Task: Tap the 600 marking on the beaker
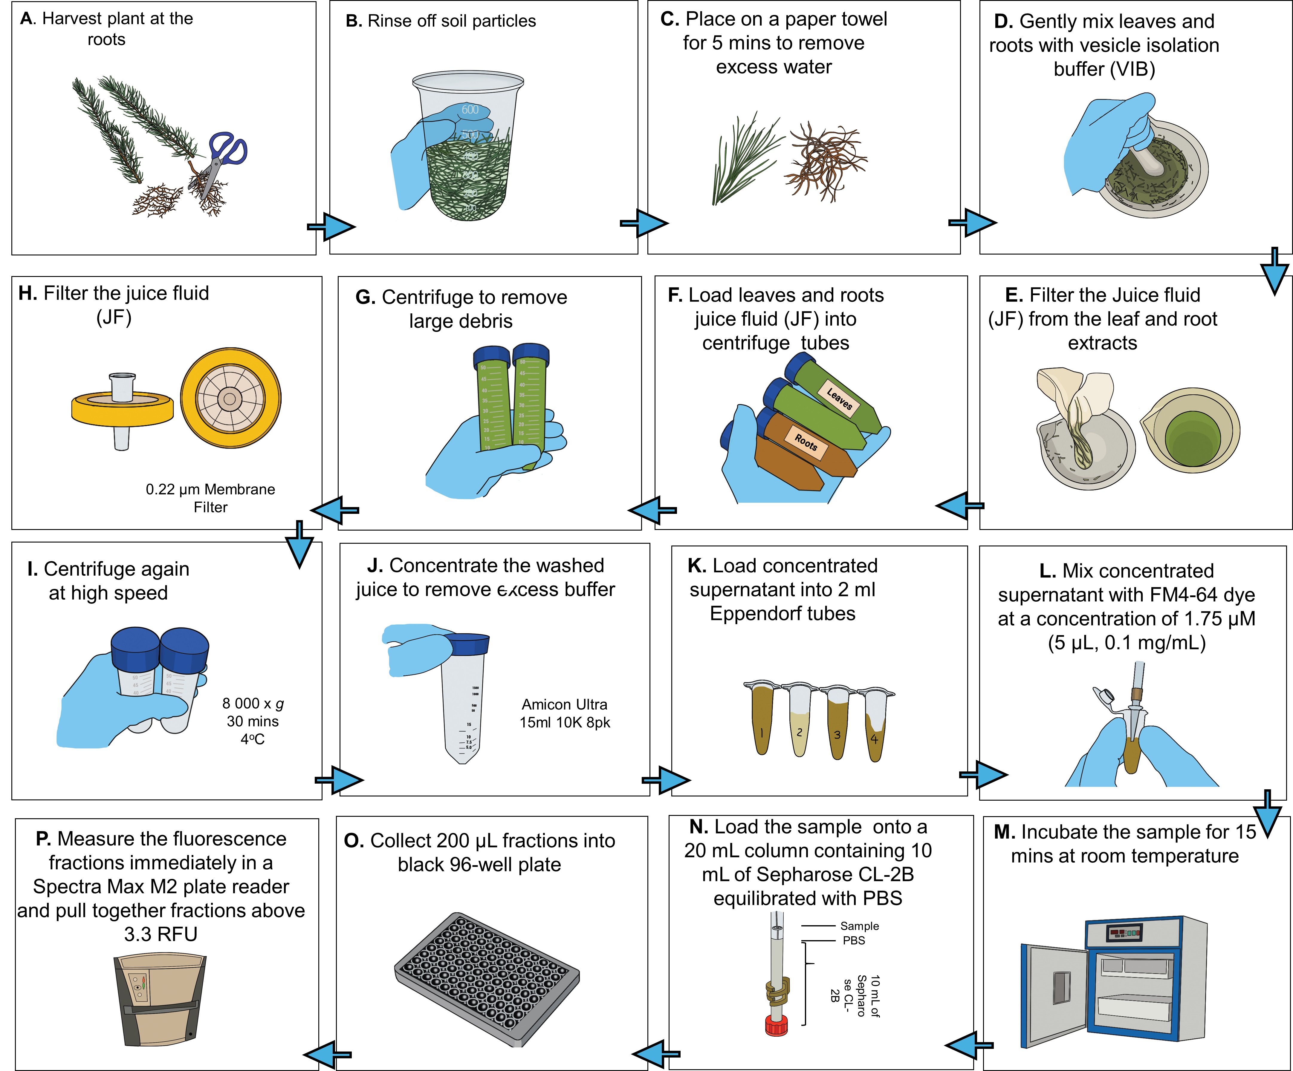[x=470, y=110]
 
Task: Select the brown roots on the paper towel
[x=825, y=160]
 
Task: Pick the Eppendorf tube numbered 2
[x=799, y=720]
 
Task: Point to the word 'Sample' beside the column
[x=860, y=926]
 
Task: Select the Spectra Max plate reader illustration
[x=160, y=1000]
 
